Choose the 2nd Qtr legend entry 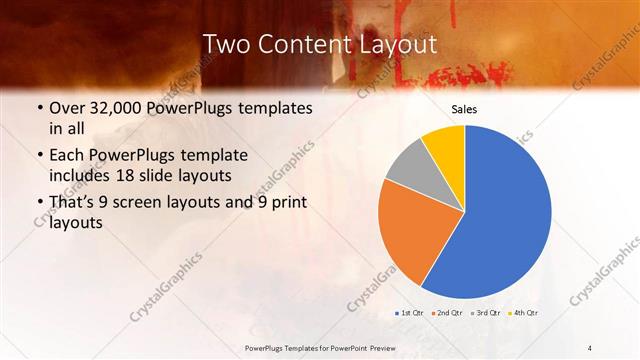[447, 313]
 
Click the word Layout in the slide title [395, 44]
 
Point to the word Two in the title [224, 44]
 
